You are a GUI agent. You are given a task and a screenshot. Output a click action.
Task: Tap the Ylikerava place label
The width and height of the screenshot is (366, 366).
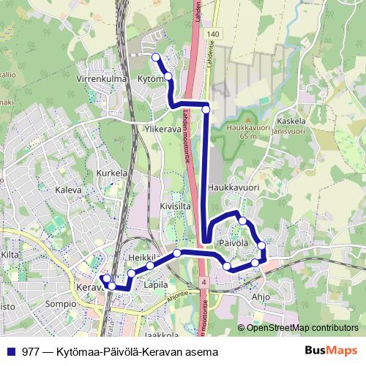[163, 127]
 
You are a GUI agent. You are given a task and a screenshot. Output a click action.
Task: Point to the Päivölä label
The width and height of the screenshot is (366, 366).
[234, 242]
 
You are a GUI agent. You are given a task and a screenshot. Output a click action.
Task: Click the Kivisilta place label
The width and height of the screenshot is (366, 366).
[176, 206]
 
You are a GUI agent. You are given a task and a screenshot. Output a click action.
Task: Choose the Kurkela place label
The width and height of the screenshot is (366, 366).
[112, 174]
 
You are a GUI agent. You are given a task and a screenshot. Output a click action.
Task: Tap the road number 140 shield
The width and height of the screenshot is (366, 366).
[212, 34]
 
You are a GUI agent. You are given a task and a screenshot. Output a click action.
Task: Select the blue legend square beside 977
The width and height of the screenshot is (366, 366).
[11, 352]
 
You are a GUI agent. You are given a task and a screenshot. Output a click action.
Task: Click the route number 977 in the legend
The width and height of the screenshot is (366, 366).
[31, 352]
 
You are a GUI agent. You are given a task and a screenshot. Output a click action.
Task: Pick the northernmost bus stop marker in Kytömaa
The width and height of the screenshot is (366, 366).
[155, 56]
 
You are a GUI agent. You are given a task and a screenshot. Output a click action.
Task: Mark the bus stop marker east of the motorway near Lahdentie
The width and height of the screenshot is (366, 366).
[206, 109]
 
